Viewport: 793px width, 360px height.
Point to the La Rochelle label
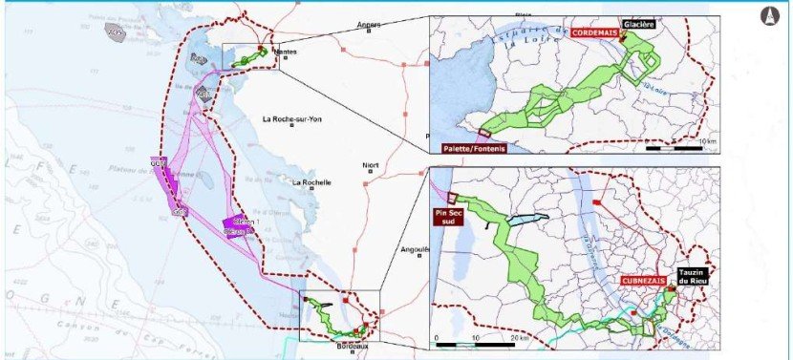click(311, 182)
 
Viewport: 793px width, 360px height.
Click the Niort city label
click(371, 166)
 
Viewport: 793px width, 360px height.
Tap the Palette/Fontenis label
click(475, 149)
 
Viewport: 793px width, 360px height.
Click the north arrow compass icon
click(768, 16)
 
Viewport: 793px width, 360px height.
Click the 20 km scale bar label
click(519, 338)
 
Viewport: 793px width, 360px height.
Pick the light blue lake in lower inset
click(525, 220)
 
